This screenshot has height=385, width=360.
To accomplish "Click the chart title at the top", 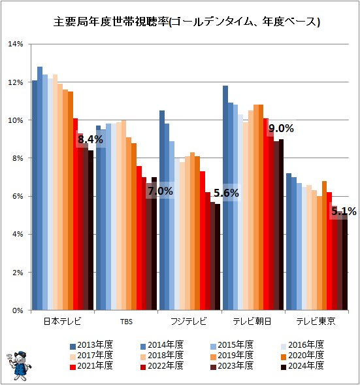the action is [x=187, y=22].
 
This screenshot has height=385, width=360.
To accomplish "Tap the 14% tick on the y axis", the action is [x=16, y=44].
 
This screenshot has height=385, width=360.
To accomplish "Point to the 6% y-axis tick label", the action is [x=17, y=196].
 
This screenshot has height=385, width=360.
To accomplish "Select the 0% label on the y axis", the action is [x=17, y=310].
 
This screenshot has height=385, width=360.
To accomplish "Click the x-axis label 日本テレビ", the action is [x=62, y=321].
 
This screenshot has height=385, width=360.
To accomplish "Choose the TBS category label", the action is [x=126, y=322].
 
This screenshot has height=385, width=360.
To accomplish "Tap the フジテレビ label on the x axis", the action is [x=189, y=321].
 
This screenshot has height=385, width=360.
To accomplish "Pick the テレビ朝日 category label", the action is [x=252, y=321].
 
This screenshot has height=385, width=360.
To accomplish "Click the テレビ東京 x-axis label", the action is [x=316, y=321].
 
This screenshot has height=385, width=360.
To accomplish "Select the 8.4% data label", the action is [x=90, y=139].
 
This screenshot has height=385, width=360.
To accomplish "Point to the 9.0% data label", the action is [x=281, y=128].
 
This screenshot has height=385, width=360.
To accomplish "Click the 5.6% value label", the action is [x=226, y=193].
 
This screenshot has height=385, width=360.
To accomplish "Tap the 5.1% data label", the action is [x=344, y=211].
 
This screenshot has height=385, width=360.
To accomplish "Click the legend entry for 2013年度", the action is [x=91, y=345].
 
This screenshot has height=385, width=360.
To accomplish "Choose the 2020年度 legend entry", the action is [x=303, y=356].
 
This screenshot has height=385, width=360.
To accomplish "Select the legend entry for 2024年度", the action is [x=303, y=366].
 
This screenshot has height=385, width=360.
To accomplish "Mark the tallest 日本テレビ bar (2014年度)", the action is [x=40, y=188].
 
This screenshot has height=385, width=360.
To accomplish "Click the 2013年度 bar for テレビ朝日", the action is [x=225, y=198].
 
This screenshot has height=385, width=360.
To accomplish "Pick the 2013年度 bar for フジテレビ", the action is [x=162, y=210].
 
